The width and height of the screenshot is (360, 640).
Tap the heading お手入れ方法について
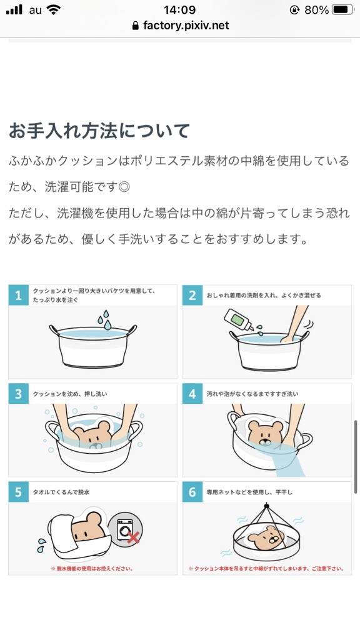pyautogui.click(x=99, y=131)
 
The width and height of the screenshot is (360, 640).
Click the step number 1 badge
pyautogui.click(x=19, y=296)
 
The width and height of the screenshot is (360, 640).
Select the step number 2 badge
pyautogui.click(x=192, y=296)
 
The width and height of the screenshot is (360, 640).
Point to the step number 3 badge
pyautogui.click(x=19, y=394)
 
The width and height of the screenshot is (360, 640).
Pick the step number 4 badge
pyautogui.click(x=192, y=394)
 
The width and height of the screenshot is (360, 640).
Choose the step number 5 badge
pyautogui.click(x=19, y=492)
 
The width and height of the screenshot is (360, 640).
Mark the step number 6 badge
pyautogui.click(x=192, y=492)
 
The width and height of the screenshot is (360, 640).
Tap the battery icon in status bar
pyautogui.click(x=343, y=10)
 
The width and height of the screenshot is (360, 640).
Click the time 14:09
pyautogui.click(x=179, y=10)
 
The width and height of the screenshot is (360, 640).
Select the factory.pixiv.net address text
pyautogui.click(x=186, y=26)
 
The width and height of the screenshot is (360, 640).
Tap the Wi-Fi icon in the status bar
pyautogui.click(x=54, y=10)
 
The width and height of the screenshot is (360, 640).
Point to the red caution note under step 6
pyautogui.click(x=266, y=569)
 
